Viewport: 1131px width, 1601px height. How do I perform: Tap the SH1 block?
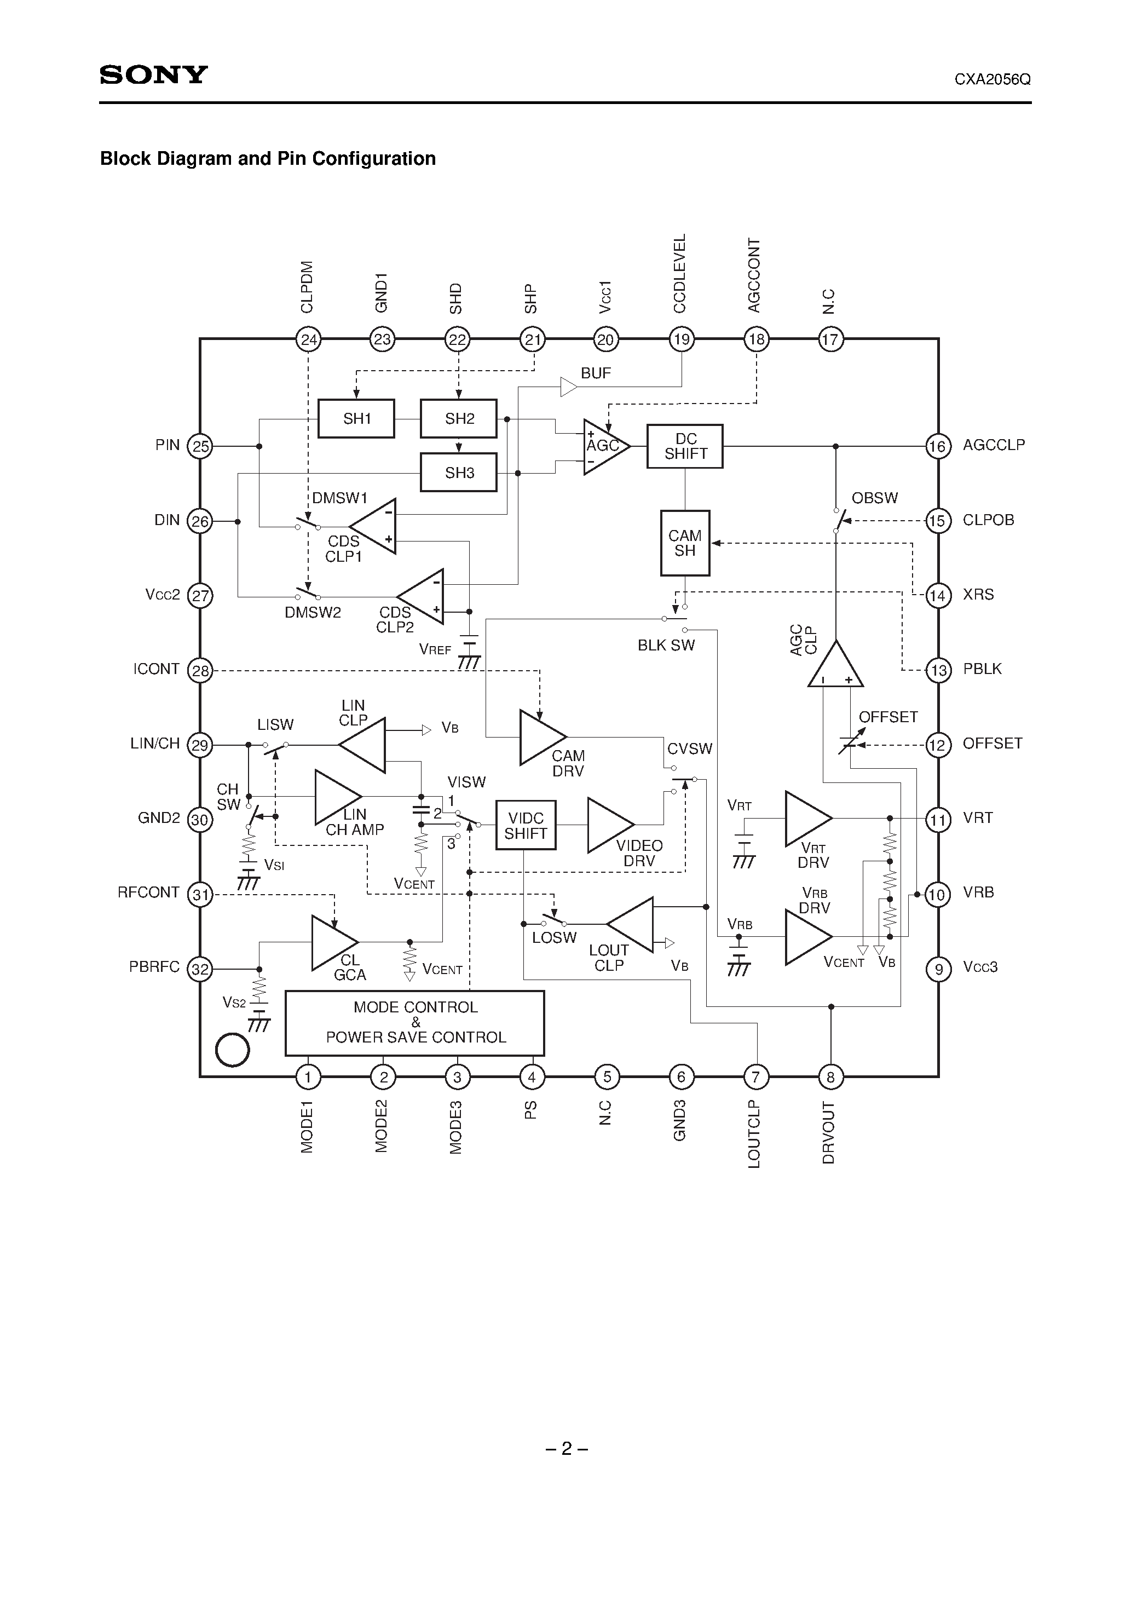click(356, 418)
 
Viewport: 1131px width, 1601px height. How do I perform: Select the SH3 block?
click(459, 473)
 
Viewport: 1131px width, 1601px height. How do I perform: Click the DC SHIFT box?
click(685, 446)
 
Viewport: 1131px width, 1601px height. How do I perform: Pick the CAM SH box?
click(685, 543)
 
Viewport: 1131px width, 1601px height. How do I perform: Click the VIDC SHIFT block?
click(526, 826)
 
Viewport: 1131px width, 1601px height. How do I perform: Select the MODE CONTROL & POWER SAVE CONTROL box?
click(415, 1022)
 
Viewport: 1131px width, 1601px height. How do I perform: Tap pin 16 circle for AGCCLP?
click(938, 446)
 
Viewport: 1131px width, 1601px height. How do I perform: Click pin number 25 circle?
click(200, 446)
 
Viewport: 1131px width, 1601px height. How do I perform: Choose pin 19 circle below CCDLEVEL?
click(681, 339)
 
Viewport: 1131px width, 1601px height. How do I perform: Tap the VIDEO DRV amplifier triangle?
click(608, 825)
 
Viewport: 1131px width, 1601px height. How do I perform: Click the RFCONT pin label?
click(148, 892)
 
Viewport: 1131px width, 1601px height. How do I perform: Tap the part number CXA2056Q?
click(992, 79)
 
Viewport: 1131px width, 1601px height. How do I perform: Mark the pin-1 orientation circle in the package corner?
click(233, 1050)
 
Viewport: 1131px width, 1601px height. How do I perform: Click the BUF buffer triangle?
click(568, 387)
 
